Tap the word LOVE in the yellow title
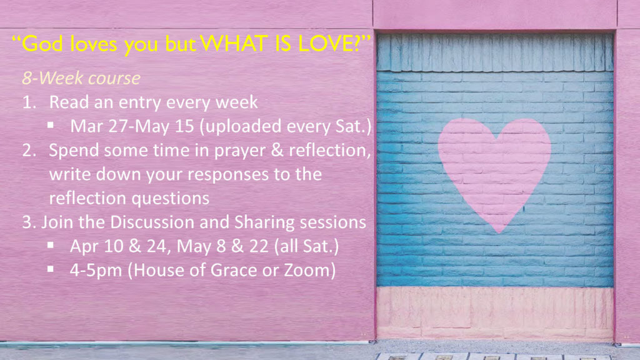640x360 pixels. (x=329, y=44)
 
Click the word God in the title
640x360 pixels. (x=42, y=44)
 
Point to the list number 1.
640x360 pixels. (x=29, y=102)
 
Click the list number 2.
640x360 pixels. (x=29, y=150)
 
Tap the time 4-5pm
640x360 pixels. (x=96, y=271)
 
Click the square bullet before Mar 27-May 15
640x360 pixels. (x=51, y=125)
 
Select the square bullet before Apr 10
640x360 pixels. (x=51, y=245)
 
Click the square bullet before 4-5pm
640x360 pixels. (x=51, y=269)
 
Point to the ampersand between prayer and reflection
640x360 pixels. (x=277, y=150)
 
